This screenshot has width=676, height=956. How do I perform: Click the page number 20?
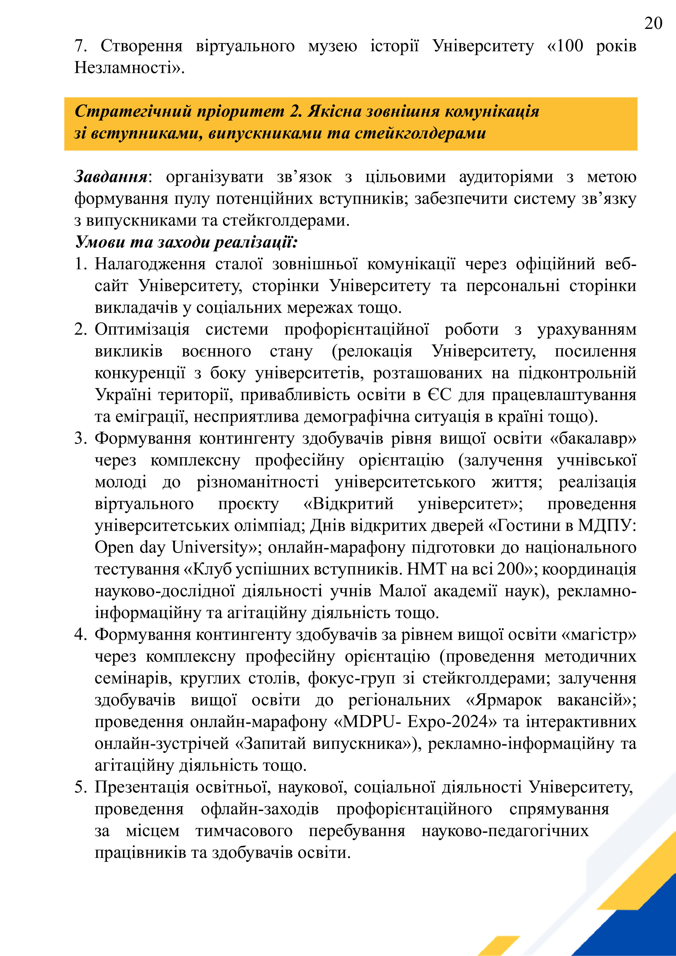click(x=653, y=23)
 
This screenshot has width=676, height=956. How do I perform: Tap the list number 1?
click(x=80, y=264)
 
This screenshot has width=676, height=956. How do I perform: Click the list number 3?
click(x=80, y=438)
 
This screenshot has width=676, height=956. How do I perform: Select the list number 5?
click(x=80, y=787)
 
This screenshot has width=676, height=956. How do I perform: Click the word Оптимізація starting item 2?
click(x=142, y=329)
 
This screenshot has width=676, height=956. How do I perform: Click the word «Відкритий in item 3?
click(x=348, y=504)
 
